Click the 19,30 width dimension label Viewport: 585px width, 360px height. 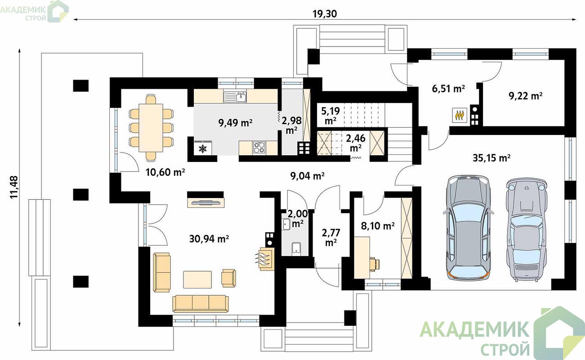coord(325,14)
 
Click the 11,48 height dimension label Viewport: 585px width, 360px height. coord(14,187)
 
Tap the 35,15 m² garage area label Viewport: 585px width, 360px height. coord(492,158)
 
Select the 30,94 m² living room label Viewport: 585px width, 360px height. coord(209,238)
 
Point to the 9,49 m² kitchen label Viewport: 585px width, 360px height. coord(235,122)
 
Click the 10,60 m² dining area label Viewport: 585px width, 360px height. coord(165,172)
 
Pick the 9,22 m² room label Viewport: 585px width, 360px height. coord(526,96)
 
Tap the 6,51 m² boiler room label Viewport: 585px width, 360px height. coord(448,89)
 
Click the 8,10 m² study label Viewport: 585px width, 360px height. coord(378,225)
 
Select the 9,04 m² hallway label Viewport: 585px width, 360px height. coord(308,176)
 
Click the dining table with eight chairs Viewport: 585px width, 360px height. coord(151,128)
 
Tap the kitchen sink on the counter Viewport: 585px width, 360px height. coord(235,96)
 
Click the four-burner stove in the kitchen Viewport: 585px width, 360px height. coord(259,148)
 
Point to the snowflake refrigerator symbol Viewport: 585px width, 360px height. coord(203,149)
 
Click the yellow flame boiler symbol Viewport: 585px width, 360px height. coord(460,115)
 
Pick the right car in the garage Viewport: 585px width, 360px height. coord(527,230)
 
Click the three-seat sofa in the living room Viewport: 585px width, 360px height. coord(201,304)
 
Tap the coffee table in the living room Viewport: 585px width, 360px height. coord(197,279)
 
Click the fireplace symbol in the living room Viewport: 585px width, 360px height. coord(265,259)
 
